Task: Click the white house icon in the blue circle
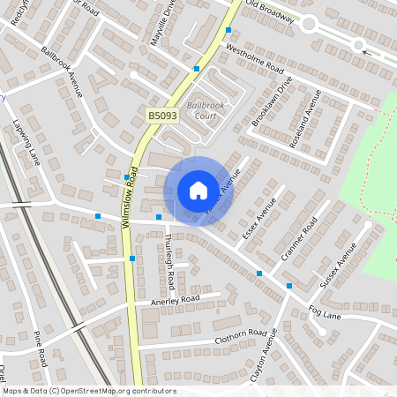[x=198, y=191]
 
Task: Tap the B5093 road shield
[x=162, y=116]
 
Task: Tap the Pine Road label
[x=41, y=348]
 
